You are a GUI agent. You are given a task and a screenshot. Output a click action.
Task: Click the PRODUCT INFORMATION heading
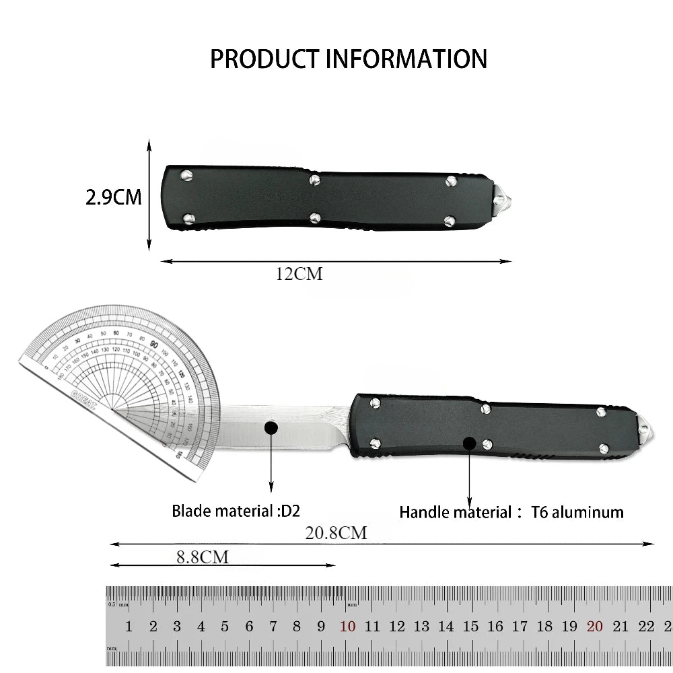coord(348,59)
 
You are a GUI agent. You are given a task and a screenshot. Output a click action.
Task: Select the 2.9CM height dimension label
coord(114,197)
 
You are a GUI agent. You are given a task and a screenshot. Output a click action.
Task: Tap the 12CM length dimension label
coord(299,274)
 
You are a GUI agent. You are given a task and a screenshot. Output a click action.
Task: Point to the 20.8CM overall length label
coord(336,532)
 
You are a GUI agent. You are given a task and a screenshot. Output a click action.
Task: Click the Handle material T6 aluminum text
coord(511,512)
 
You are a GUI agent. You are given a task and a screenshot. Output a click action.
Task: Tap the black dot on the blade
coord(271,427)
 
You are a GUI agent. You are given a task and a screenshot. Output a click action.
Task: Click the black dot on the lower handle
coord(469,442)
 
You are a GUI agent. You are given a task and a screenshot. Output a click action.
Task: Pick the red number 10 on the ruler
coord(347,627)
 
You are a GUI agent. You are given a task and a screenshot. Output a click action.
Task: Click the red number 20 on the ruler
coord(594,627)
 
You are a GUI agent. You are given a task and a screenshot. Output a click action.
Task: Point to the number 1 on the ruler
coord(129,627)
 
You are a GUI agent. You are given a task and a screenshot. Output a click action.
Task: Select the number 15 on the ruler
coord(470,627)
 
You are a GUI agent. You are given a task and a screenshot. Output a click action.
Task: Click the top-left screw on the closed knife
coord(185,176)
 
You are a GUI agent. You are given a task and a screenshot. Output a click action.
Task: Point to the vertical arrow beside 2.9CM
coord(149,197)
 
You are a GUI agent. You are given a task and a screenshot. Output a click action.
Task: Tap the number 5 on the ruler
coord(225,627)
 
